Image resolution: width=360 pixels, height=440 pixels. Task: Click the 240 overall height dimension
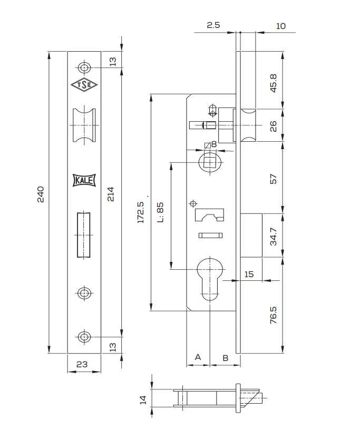41,194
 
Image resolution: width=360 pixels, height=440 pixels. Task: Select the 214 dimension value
111,194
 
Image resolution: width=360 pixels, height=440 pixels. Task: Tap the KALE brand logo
84,180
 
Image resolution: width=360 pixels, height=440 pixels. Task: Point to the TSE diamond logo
84,85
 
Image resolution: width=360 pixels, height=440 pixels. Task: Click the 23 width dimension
82,364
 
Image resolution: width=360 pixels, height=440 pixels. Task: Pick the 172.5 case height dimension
141,212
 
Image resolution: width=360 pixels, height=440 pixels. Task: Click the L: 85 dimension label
160,212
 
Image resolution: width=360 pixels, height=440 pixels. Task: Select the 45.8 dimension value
273,83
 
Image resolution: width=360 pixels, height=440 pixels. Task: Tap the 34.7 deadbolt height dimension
274,237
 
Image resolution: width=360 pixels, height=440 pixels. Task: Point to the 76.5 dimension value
273,315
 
